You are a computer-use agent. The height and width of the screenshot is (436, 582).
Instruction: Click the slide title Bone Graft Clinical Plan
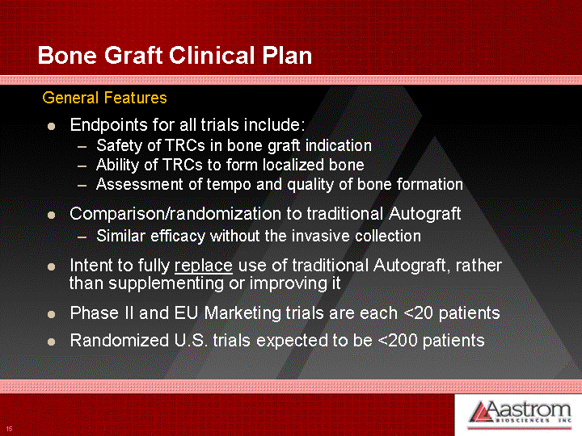click(175, 56)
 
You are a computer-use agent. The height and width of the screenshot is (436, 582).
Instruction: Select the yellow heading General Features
click(104, 98)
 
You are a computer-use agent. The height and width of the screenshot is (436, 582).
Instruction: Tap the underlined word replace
click(204, 266)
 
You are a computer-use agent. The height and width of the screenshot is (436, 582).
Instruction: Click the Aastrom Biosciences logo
click(519, 413)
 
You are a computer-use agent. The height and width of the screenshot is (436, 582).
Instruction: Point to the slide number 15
click(9, 429)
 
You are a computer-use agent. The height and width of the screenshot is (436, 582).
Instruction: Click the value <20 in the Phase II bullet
click(418, 313)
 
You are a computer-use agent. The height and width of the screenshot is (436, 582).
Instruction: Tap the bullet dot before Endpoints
click(51, 127)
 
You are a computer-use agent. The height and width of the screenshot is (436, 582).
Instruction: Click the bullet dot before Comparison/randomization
click(51, 216)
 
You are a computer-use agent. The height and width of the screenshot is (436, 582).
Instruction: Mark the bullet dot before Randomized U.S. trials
click(51, 342)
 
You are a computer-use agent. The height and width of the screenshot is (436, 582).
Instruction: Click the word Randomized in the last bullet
click(120, 341)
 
